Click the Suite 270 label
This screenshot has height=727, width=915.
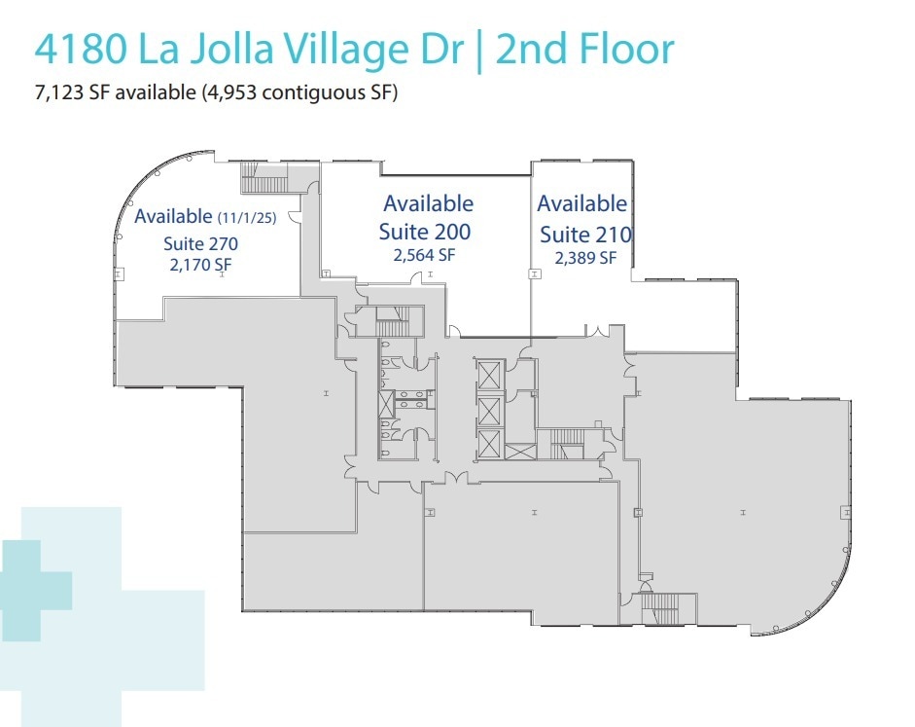pyautogui.click(x=200, y=244)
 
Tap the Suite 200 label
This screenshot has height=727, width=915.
pyautogui.click(x=427, y=232)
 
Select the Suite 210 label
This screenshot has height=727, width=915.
pyautogui.click(x=585, y=235)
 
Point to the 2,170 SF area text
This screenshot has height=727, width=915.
pyautogui.click(x=200, y=265)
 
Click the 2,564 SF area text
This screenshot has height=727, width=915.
pyautogui.click(x=424, y=256)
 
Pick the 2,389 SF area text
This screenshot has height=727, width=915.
pyautogui.click(x=585, y=258)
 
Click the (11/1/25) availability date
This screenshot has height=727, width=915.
pyautogui.click(x=247, y=218)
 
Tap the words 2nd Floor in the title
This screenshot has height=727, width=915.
pyautogui.click(x=584, y=50)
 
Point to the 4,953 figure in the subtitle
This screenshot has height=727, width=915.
pyautogui.click(x=260, y=94)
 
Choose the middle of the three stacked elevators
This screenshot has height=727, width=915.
pyautogui.click(x=488, y=408)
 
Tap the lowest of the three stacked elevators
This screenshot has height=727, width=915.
pyautogui.click(x=488, y=444)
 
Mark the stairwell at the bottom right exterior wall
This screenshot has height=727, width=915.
pyautogui.click(x=668, y=609)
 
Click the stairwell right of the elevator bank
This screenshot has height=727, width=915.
pyautogui.click(x=568, y=444)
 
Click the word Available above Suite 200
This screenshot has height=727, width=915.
pyautogui.click(x=428, y=204)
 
